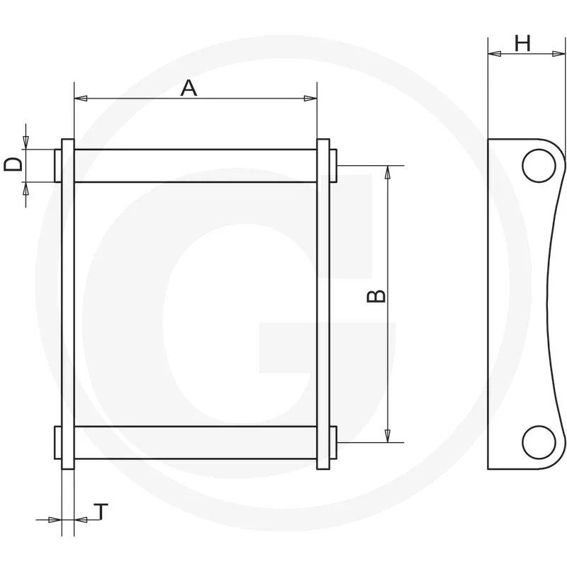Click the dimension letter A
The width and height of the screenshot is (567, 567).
[189, 88]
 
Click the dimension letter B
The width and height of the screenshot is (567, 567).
[376, 296]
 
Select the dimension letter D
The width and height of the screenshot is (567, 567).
[13, 164]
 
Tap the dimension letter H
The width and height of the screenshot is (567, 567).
[522, 43]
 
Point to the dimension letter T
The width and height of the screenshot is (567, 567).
[101, 511]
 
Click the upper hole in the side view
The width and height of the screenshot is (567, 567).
[539, 166]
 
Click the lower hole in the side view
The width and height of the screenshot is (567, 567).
[539, 442]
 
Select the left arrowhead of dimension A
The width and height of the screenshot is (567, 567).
[81, 98]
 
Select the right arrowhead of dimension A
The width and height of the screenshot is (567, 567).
[310, 98]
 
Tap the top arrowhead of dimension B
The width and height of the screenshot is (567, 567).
[388, 172]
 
